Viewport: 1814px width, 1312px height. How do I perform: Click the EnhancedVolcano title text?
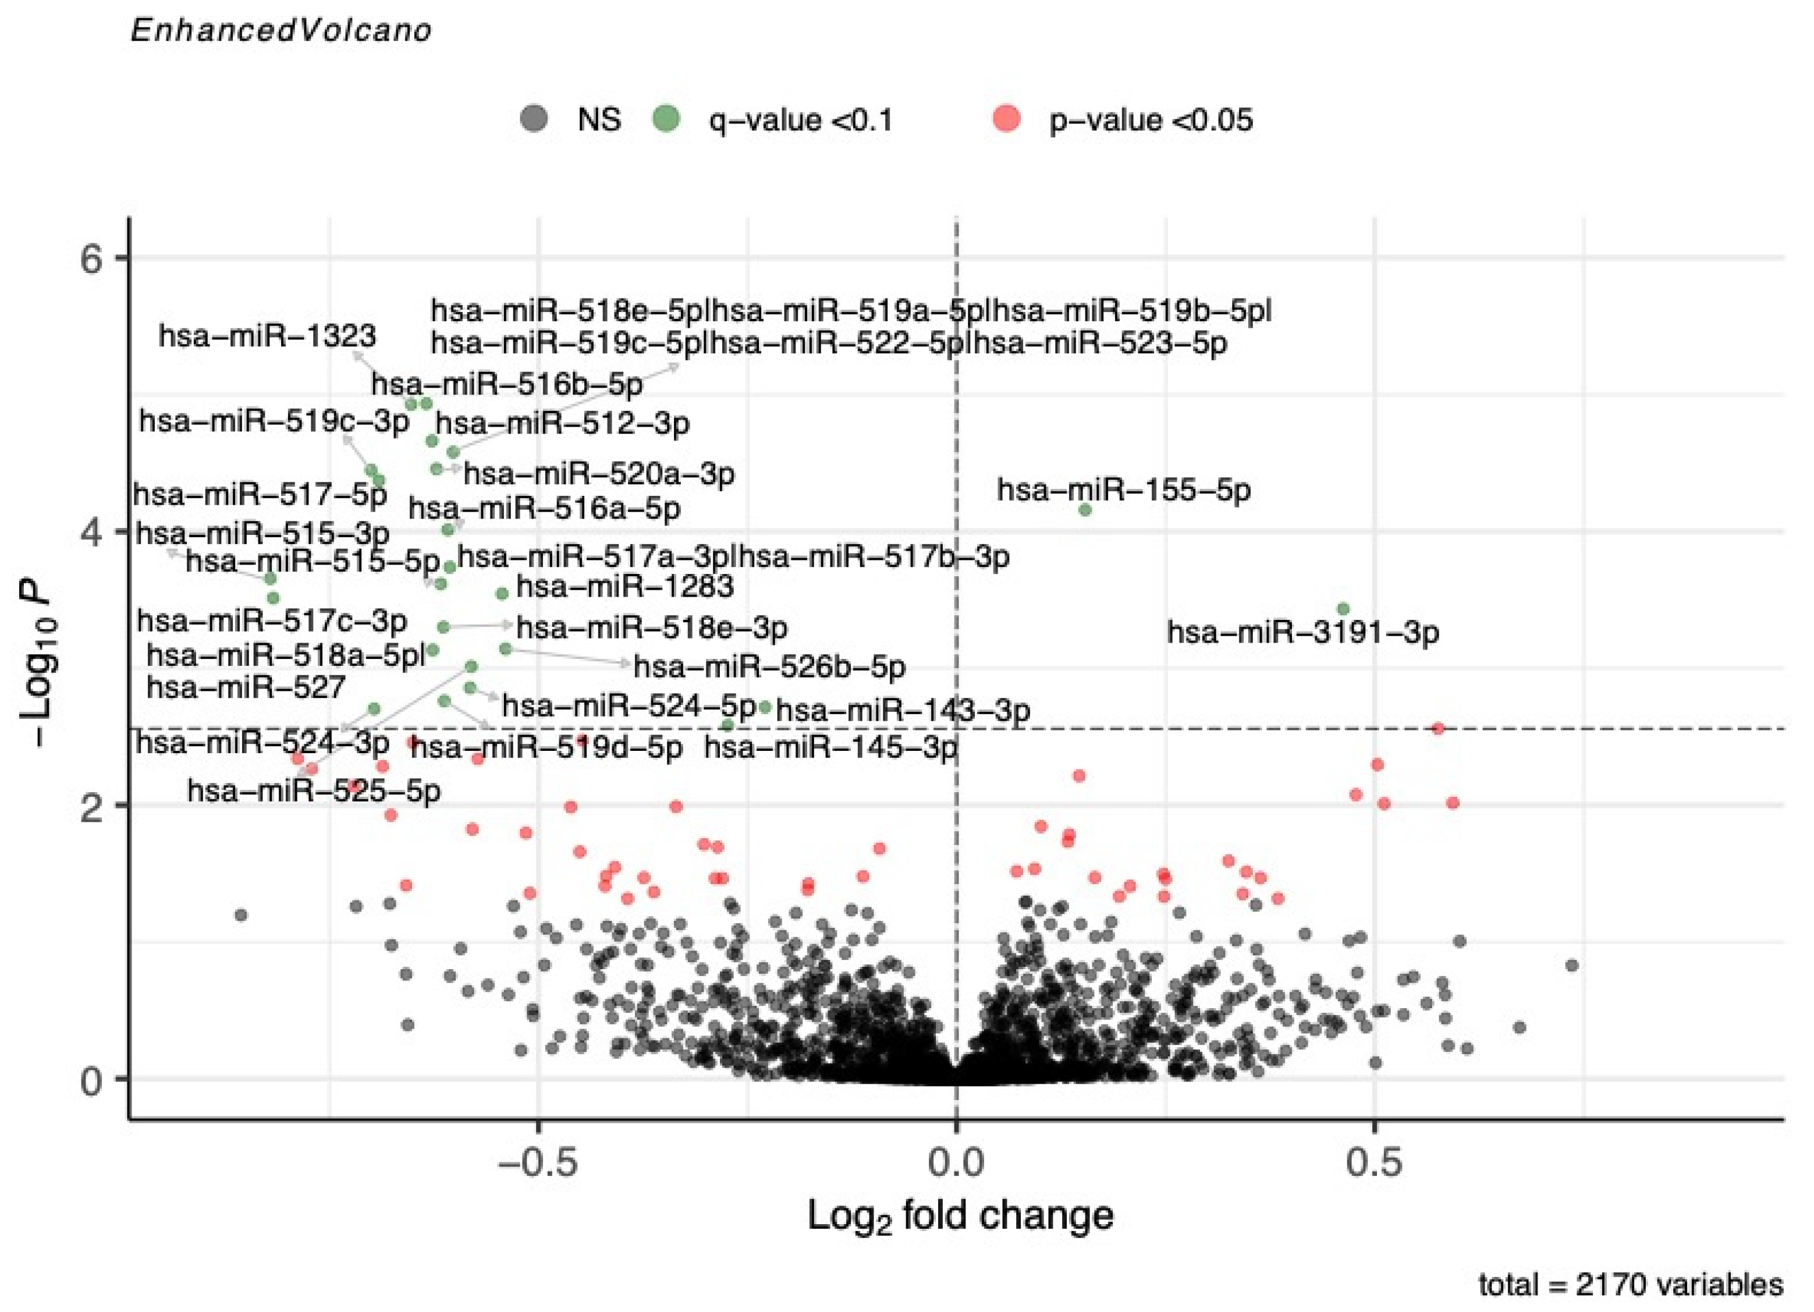[281, 30]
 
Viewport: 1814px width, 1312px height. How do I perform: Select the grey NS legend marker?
[534, 119]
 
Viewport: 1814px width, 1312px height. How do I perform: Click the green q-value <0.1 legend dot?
[666, 119]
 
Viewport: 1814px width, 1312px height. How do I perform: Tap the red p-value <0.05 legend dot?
[1008, 119]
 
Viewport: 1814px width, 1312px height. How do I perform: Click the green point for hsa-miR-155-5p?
[1085, 509]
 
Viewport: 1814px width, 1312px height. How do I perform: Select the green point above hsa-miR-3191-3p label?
[1343, 609]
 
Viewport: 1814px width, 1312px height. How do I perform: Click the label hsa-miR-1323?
[267, 336]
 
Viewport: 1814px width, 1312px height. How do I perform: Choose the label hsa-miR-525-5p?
[314, 790]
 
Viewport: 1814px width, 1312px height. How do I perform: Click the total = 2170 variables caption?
[1630, 1285]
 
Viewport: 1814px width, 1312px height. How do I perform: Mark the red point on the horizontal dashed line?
[1437, 728]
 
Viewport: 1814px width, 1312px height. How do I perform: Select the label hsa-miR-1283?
[624, 586]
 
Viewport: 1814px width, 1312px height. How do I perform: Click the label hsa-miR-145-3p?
[830, 747]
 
